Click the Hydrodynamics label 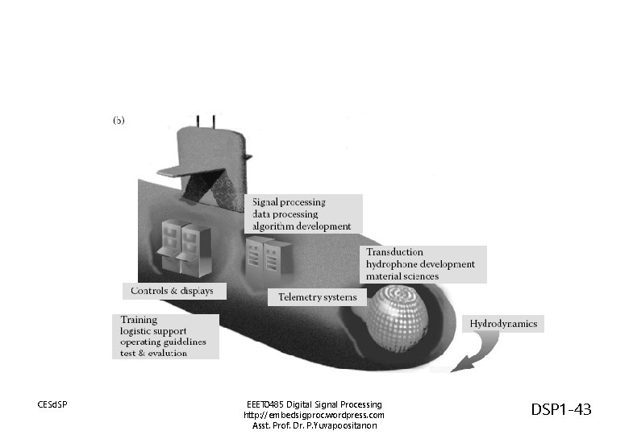502,324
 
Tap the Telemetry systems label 317,297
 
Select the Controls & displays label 173,291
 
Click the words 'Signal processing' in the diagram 289,202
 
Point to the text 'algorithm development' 302,226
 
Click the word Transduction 394,252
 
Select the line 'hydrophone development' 420,264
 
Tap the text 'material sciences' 402,276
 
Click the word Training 139,320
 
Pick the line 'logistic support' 153,331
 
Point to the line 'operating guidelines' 163,342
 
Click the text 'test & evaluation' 154,354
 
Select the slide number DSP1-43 561,410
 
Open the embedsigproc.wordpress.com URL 314,415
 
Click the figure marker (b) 118,120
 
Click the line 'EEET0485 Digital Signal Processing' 314,404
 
